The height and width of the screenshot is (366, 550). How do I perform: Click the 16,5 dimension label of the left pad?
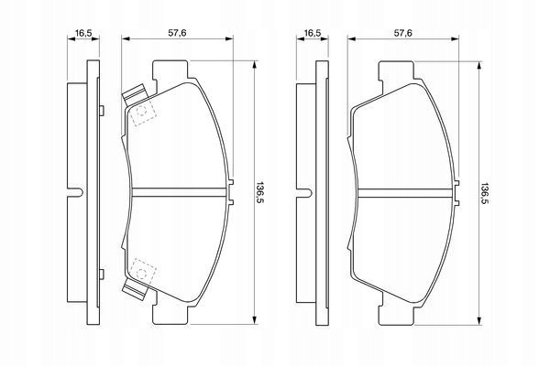[83, 33]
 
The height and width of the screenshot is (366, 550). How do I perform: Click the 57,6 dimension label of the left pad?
[177, 33]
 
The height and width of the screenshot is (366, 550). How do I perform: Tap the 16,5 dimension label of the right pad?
[313, 33]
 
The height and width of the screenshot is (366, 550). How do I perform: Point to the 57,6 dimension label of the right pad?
[403, 33]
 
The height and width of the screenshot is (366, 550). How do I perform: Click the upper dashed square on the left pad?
[142, 112]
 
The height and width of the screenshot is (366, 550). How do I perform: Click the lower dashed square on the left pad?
[142, 273]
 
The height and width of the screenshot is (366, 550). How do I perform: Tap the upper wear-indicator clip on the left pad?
[135, 94]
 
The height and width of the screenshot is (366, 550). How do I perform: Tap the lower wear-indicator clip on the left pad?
[135, 290]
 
